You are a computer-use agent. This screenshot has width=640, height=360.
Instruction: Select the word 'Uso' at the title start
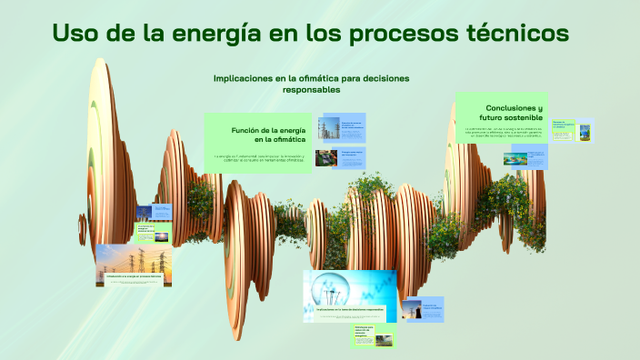tap(75, 35)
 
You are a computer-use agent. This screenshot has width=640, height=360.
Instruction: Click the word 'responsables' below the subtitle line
tap(311, 90)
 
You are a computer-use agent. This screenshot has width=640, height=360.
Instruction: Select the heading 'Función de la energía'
tap(268, 131)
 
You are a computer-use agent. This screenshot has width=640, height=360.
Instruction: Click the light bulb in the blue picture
tap(324, 289)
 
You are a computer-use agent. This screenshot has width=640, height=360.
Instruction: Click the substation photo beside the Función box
tap(327, 128)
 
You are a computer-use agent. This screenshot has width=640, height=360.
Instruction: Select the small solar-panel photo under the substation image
tap(326, 158)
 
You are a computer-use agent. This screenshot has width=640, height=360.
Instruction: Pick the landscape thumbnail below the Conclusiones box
tap(515, 157)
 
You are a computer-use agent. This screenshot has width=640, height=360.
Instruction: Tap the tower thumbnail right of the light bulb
tap(412, 309)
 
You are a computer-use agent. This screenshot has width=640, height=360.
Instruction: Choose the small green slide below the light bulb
tap(374, 335)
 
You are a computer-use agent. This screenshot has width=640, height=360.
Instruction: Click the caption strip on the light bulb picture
tap(350, 310)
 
